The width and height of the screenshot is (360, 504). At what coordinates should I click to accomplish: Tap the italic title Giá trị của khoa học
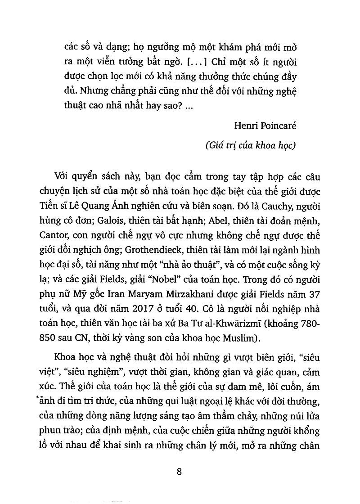(x=250, y=146)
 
